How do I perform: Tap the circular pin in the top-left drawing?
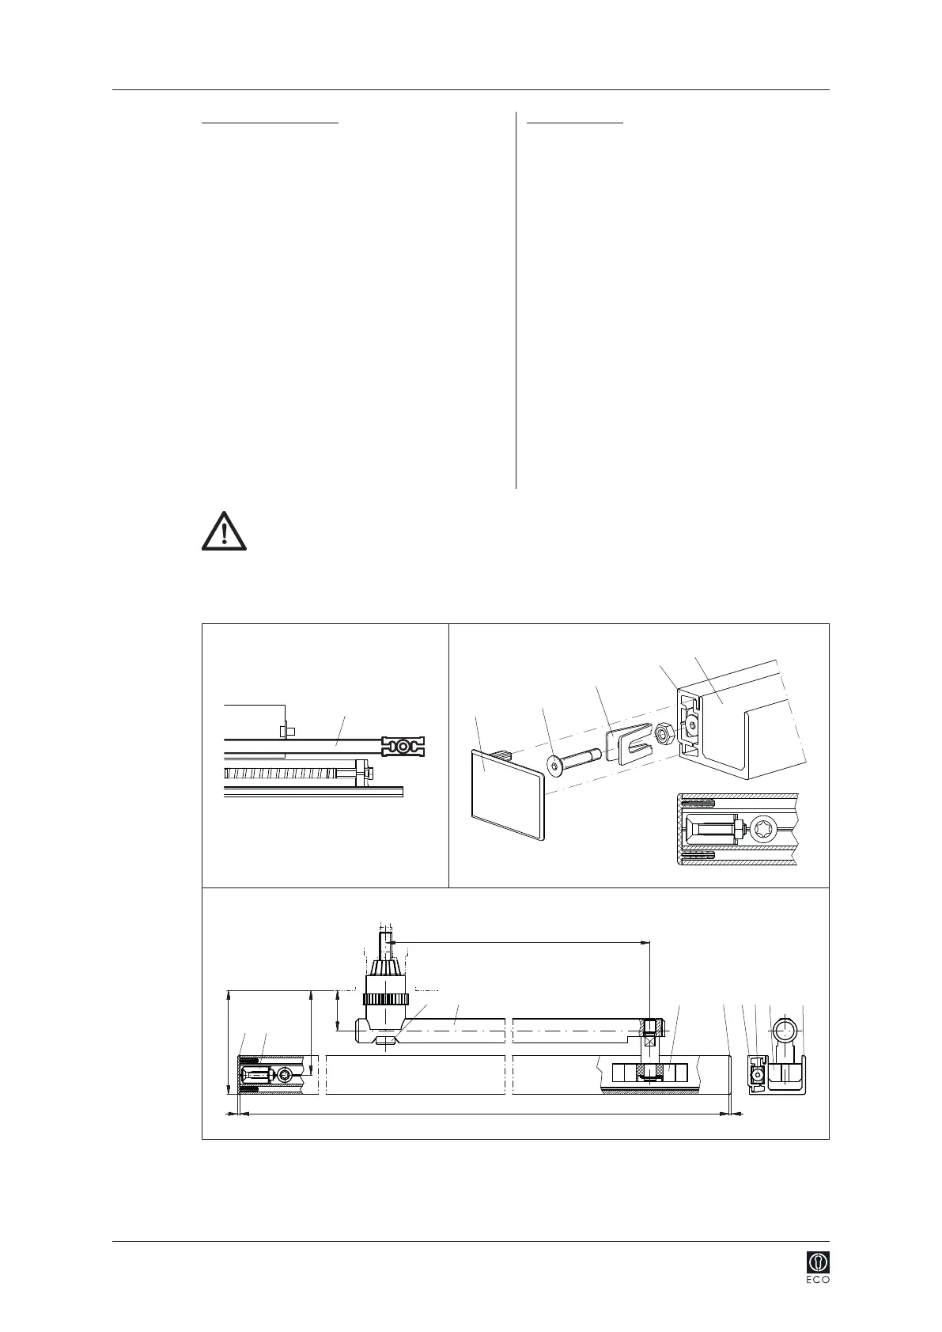click(x=403, y=745)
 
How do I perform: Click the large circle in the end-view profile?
click(x=785, y=1031)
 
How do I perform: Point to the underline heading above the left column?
click(x=270, y=123)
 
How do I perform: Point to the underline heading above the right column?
click(x=575, y=123)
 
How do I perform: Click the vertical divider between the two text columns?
click(x=516, y=301)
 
